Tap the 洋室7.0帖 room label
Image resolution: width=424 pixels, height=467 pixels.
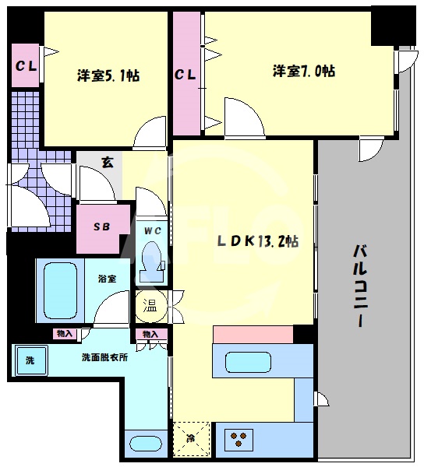[304, 71]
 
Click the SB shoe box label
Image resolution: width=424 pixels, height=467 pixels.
[101, 227]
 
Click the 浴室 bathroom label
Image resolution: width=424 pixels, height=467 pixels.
[107, 278]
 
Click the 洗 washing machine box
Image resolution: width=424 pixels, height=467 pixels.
[30, 361]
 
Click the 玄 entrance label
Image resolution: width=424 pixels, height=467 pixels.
[107, 163]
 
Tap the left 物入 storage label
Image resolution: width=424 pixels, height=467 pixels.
[65, 334]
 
